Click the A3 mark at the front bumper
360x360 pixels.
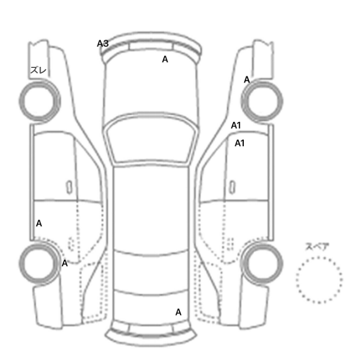coord(103,43)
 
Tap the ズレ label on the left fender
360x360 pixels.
coord(39,70)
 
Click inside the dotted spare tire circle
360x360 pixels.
coord(319,280)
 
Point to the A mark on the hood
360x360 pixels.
coord(165,59)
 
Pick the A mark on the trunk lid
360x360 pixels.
coord(178,312)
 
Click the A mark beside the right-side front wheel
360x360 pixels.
coord(246,80)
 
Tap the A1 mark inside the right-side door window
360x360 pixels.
coord(240,143)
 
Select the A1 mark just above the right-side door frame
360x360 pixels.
coord(236,125)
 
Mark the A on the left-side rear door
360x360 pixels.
coord(39,223)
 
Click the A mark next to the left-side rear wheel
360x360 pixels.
coord(64,263)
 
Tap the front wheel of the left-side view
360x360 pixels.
coord(40,101)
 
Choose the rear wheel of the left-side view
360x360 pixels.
coord(39,263)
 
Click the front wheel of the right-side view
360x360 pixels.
coord(262,101)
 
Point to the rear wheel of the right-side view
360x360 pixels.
coord(262,264)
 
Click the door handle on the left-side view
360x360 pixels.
coord(69,187)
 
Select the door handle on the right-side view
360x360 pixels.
coord(232,187)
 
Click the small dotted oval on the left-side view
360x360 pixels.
coord(72,244)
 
